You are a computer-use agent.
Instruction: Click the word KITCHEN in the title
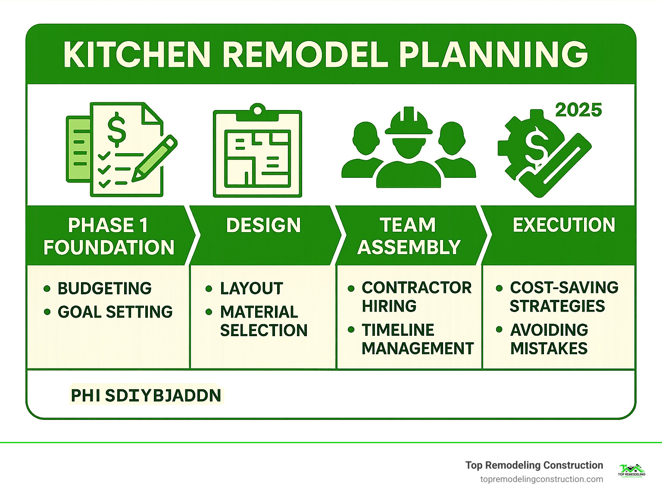pos(136,55)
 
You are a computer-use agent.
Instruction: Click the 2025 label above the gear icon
pos(578,110)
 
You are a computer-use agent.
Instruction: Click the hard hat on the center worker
pos(408,122)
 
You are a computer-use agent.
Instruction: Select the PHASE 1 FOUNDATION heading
pos(109,236)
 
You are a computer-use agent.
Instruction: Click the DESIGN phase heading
pos(263,225)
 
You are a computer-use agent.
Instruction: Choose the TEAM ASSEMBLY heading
pos(409,236)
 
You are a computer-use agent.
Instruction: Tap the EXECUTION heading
pos(564,225)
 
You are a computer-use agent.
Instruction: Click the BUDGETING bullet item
pos(104,288)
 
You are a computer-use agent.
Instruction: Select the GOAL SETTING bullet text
pos(115,312)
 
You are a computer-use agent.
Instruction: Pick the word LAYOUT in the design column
pos(251,288)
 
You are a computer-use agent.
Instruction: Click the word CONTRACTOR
pos(417,287)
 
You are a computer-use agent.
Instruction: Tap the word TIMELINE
pos(398,330)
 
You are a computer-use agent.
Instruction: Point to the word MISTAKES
pos(549,348)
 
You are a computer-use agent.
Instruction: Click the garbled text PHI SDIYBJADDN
pos(146,395)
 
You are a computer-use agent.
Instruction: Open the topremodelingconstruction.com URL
pos(541,479)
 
